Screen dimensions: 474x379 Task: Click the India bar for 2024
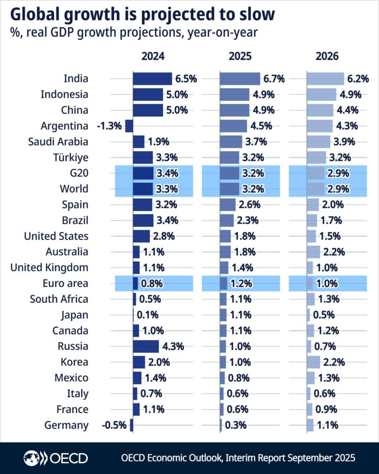(152, 79)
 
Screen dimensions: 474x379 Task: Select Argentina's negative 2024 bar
(129, 126)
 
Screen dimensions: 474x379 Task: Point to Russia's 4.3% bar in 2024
(146, 346)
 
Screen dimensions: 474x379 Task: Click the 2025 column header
(240, 56)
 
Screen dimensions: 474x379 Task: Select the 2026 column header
(327, 56)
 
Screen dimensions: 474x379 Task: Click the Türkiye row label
(70, 157)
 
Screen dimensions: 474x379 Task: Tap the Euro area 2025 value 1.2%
(242, 283)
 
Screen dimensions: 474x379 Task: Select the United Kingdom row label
(49, 268)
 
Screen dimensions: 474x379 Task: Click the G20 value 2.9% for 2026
(339, 173)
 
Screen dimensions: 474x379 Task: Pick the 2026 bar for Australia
(313, 252)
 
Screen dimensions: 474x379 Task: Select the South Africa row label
(59, 299)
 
